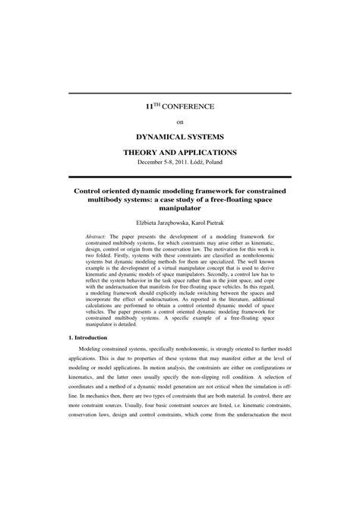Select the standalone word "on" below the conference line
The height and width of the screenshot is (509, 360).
coord(180,122)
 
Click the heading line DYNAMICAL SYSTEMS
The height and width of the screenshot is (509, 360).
coord(180,138)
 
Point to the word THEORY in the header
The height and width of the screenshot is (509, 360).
coord(142,153)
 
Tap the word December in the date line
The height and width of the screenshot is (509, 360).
coord(153,163)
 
